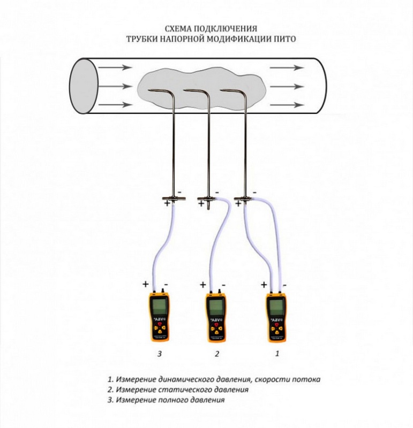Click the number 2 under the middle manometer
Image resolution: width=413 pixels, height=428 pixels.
pos(216,354)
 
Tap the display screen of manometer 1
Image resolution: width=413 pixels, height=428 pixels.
pos(276,308)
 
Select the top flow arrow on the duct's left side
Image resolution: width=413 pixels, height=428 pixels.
pos(115,68)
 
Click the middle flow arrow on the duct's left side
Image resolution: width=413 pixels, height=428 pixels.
pos(115,86)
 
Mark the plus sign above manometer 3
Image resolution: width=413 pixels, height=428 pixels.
pos(145,283)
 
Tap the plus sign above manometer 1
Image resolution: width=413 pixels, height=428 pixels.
pos(264,284)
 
